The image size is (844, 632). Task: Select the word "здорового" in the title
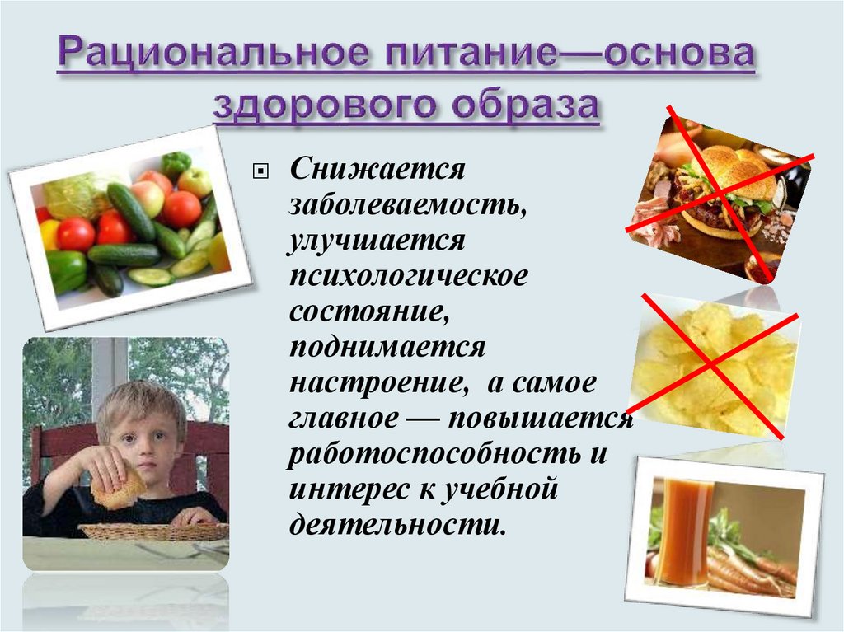tap(326, 105)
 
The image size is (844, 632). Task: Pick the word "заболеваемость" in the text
tap(407, 204)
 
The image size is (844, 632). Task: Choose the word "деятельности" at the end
tap(398, 524)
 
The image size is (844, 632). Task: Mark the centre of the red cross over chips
tap(711, 365)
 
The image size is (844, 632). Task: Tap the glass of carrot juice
tap(683, 531)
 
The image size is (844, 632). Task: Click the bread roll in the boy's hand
tap(118, 487)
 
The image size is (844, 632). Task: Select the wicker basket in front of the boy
tap(153, 531)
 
